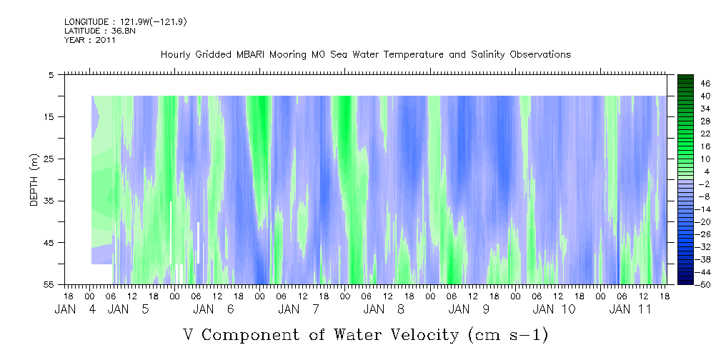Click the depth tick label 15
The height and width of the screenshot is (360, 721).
point(51,116)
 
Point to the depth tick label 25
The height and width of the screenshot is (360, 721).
point(51,159)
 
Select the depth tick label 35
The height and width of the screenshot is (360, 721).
point(51,201)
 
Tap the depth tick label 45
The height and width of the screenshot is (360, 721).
point(51,243)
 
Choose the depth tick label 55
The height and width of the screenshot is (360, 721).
point(51,285)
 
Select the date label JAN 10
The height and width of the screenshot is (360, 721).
point(553,309)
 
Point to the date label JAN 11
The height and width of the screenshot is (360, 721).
point(629,309)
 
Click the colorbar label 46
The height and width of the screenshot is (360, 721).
point(685,83)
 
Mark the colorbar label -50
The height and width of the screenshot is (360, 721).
point(685,284)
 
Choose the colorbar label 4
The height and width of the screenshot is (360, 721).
point(685,171)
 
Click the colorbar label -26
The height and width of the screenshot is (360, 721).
point(685,234)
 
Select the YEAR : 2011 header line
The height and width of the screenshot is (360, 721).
point(90,40)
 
